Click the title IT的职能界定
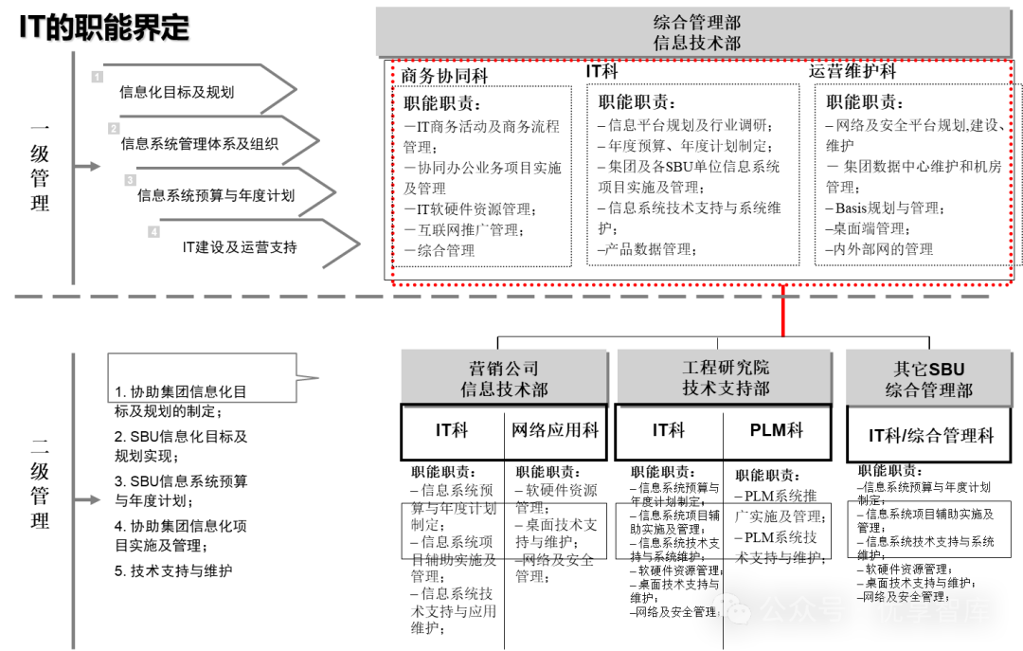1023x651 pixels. point(105,29)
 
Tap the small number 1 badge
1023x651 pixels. point(98,77)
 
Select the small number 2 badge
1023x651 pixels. point(114,129)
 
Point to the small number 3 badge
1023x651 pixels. point(130,180)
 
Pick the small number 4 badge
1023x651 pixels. point(153,232)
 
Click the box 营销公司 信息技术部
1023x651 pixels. point(504,377)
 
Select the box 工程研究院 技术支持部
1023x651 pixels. point(725,377)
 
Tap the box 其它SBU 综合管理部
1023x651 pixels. point(928,378)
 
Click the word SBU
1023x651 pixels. point(946,370)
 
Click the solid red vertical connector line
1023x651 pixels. point(782,312)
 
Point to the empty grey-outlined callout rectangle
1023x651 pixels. point(202,378)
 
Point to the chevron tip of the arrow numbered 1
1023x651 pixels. point(296,89)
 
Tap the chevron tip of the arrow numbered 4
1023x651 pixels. point(359,244)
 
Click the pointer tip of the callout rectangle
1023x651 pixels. point(317,378)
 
